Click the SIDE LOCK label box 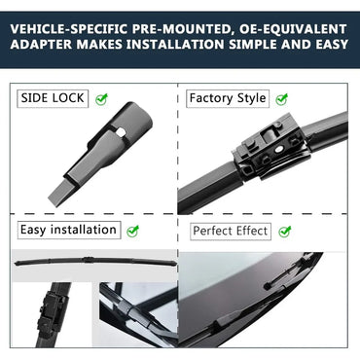click(53, 98)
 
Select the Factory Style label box click(228, 98)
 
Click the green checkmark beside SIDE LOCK click(101, 98)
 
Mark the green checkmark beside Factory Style click(282, 98)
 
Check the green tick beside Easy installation click(133, 232)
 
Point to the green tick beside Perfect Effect click(286, 232)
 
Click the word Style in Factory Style click(249, 98)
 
